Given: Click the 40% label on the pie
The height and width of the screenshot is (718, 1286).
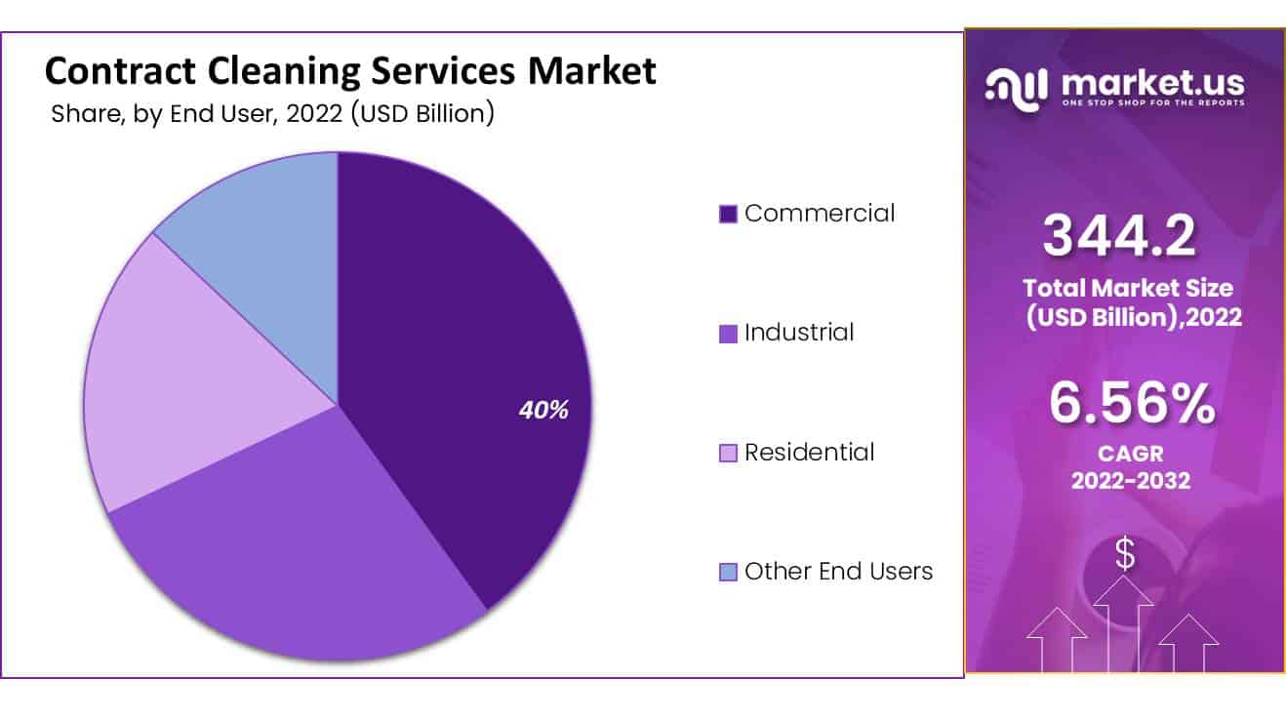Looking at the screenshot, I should point(543,411).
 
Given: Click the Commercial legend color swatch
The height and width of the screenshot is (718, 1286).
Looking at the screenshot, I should point(728,214).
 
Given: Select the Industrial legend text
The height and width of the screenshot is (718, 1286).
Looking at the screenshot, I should point(799,333).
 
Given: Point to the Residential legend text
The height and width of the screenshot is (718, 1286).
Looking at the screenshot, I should point(809,453).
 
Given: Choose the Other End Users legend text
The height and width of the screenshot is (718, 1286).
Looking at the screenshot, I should point(838,572).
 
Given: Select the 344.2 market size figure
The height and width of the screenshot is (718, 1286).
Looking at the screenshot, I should point(1119,235).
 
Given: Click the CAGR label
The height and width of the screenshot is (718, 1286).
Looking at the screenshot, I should point(1131,455).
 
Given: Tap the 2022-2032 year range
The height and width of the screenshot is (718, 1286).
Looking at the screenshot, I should point(1131,480).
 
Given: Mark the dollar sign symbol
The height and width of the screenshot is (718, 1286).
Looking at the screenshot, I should point(1125,554).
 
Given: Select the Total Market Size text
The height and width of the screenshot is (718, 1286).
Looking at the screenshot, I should point(1127,289).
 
